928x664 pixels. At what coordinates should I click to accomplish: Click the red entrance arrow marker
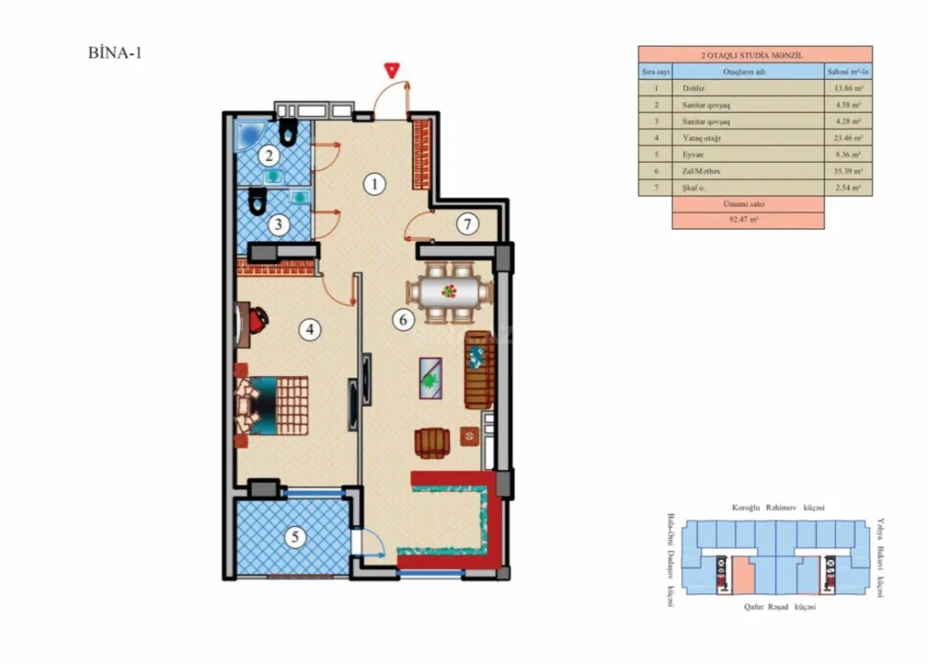[x=388, y=71]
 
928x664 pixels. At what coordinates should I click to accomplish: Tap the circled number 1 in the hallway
[x=375, y=184]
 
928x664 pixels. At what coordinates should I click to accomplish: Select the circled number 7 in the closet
[x=467, y=224]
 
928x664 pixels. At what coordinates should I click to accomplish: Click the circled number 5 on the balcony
[x=294, y=536]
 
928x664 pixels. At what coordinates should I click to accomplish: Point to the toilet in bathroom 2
[x=289, y=130]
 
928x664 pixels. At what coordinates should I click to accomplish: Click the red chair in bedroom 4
[x=257, y=318]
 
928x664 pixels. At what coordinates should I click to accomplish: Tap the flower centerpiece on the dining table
[x=449, y=291]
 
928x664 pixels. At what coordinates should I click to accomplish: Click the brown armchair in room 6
[x=432, y=442]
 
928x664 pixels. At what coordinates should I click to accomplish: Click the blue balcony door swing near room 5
[x=368, y=544]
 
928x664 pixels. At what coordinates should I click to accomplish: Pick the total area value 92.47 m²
[x=747, y=221]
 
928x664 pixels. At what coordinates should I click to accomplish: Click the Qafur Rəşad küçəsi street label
[x=779, y=608]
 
